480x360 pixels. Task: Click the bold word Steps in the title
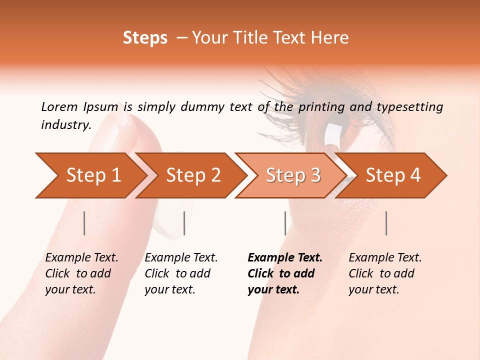(x=145, y=38)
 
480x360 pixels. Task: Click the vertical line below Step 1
(x=84, y=223)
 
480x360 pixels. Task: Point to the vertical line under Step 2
(x=184, y=223)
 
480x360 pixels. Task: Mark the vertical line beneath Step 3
(x=285, y=223)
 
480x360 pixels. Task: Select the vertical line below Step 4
(x=386, y=223)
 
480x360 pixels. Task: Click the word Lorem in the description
(x=59, y=106)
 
